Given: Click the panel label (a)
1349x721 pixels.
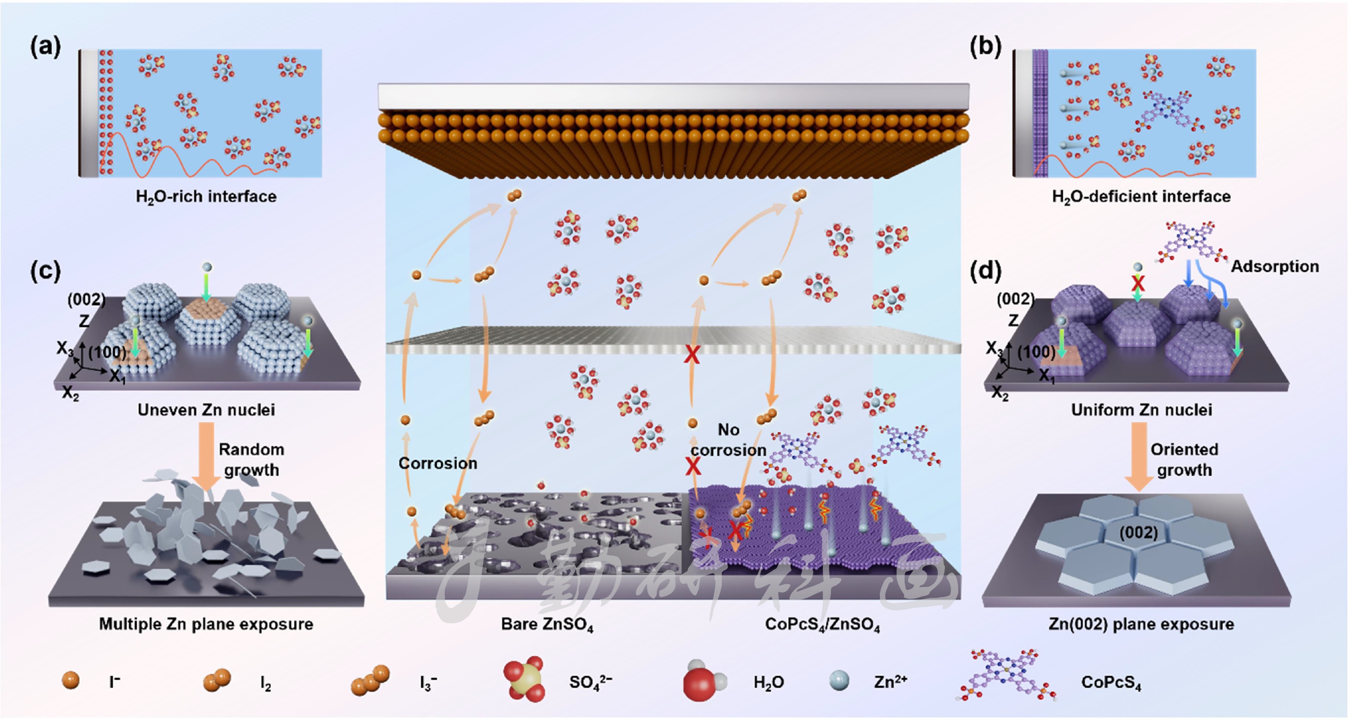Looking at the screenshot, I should pos(46,47).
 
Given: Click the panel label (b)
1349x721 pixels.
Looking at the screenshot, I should pos(985,47).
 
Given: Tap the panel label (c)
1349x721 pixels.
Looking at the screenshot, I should pos(46,271).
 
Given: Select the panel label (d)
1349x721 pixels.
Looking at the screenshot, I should pos(985,271).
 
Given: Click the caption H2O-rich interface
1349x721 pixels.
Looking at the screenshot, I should pos(206,196).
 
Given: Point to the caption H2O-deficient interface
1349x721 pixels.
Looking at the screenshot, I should pos(1141,196).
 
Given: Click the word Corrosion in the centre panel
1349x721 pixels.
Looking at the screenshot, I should pos(437,463).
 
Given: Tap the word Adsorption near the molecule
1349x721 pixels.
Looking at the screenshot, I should pos(1274,266).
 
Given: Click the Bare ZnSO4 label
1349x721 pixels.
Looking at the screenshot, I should pos(547,624).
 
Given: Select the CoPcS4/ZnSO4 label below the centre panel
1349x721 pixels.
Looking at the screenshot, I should pos(822,624).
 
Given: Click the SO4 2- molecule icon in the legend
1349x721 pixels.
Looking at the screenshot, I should pos(524,680).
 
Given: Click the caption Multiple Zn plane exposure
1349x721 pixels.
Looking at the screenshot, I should pos(206,624).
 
